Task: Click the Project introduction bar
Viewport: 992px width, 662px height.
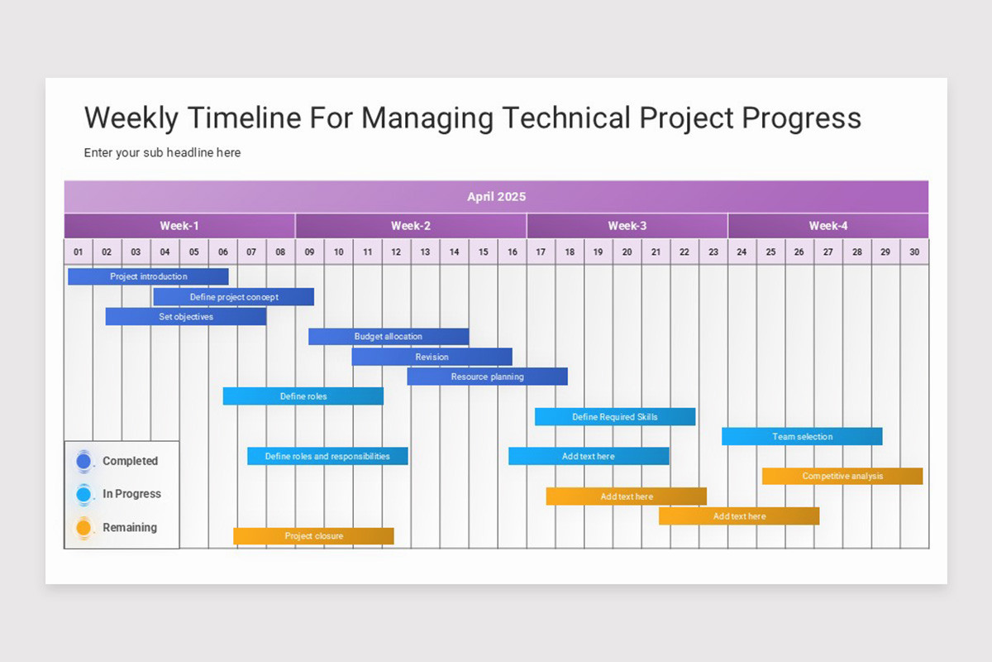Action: (x=148, y=276)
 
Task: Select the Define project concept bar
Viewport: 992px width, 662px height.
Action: (x=234, y=297)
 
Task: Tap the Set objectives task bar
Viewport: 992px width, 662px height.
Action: (x=186, y=317)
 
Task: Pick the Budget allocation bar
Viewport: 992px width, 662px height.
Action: (x=389, y=337)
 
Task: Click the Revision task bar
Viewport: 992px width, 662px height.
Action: (x=432, y=357)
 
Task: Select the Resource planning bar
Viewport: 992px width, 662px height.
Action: (x=487, y=377)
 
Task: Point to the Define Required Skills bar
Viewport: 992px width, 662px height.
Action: (x=615, y=417)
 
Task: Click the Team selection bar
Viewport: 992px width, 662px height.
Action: (x=802, y=437)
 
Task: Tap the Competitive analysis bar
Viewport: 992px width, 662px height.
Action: (x=842, y=477)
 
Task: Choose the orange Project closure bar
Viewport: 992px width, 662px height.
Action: (x=313, y=536)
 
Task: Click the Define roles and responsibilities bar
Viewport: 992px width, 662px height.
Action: (x=327, y=456)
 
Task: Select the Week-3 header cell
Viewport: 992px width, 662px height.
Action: (x=627, y=226)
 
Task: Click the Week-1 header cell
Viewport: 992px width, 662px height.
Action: (x=179, y=226)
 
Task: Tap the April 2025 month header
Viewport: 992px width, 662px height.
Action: (x=496, y=197)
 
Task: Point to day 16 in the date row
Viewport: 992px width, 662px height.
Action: (x=513, y=252)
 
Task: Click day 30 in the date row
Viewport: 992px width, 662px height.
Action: (x=914, y=252)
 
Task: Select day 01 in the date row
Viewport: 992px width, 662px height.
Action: (x=79, y=252)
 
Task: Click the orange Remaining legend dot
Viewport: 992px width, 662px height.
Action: (x=83, y=528)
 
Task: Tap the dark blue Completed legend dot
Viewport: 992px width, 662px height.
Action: (x=83, y=461)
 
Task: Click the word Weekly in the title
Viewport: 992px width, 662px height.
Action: (x=131, y=118)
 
